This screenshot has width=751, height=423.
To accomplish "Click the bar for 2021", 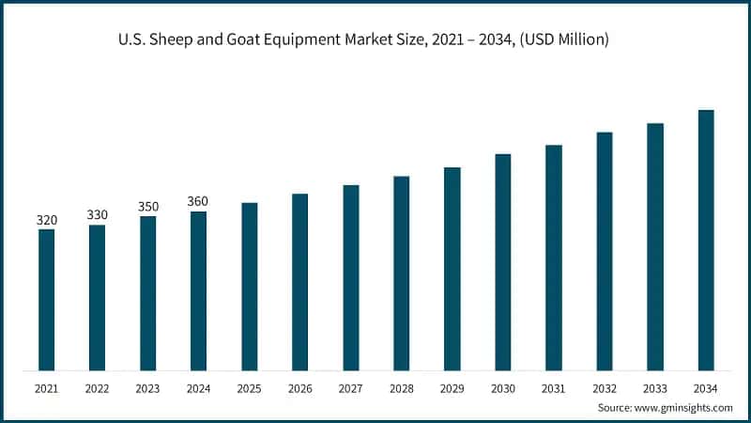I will point(46,300).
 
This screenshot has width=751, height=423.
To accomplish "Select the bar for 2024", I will point(198,290).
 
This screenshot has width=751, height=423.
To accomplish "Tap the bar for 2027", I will point(351,277).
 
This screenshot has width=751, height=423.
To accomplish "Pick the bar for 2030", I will point(503,262).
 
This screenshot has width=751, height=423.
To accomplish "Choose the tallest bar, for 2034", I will point(706,240).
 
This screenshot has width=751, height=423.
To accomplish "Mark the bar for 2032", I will point(605,251).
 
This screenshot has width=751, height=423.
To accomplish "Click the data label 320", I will point(46,220).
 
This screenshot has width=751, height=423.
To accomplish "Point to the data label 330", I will point(97,215).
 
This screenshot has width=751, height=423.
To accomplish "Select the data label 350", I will point(147,207).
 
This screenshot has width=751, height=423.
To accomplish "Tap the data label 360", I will point(198,201).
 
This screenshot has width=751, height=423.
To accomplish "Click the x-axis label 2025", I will point(249,386).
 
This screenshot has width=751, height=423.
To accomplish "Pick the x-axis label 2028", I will point(401,386).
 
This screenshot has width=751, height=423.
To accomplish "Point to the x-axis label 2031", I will point(554,386).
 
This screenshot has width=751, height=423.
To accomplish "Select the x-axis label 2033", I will point(655,386).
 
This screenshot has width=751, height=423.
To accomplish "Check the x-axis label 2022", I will point(97,386).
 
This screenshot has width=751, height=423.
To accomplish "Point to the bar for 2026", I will point(299,282).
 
